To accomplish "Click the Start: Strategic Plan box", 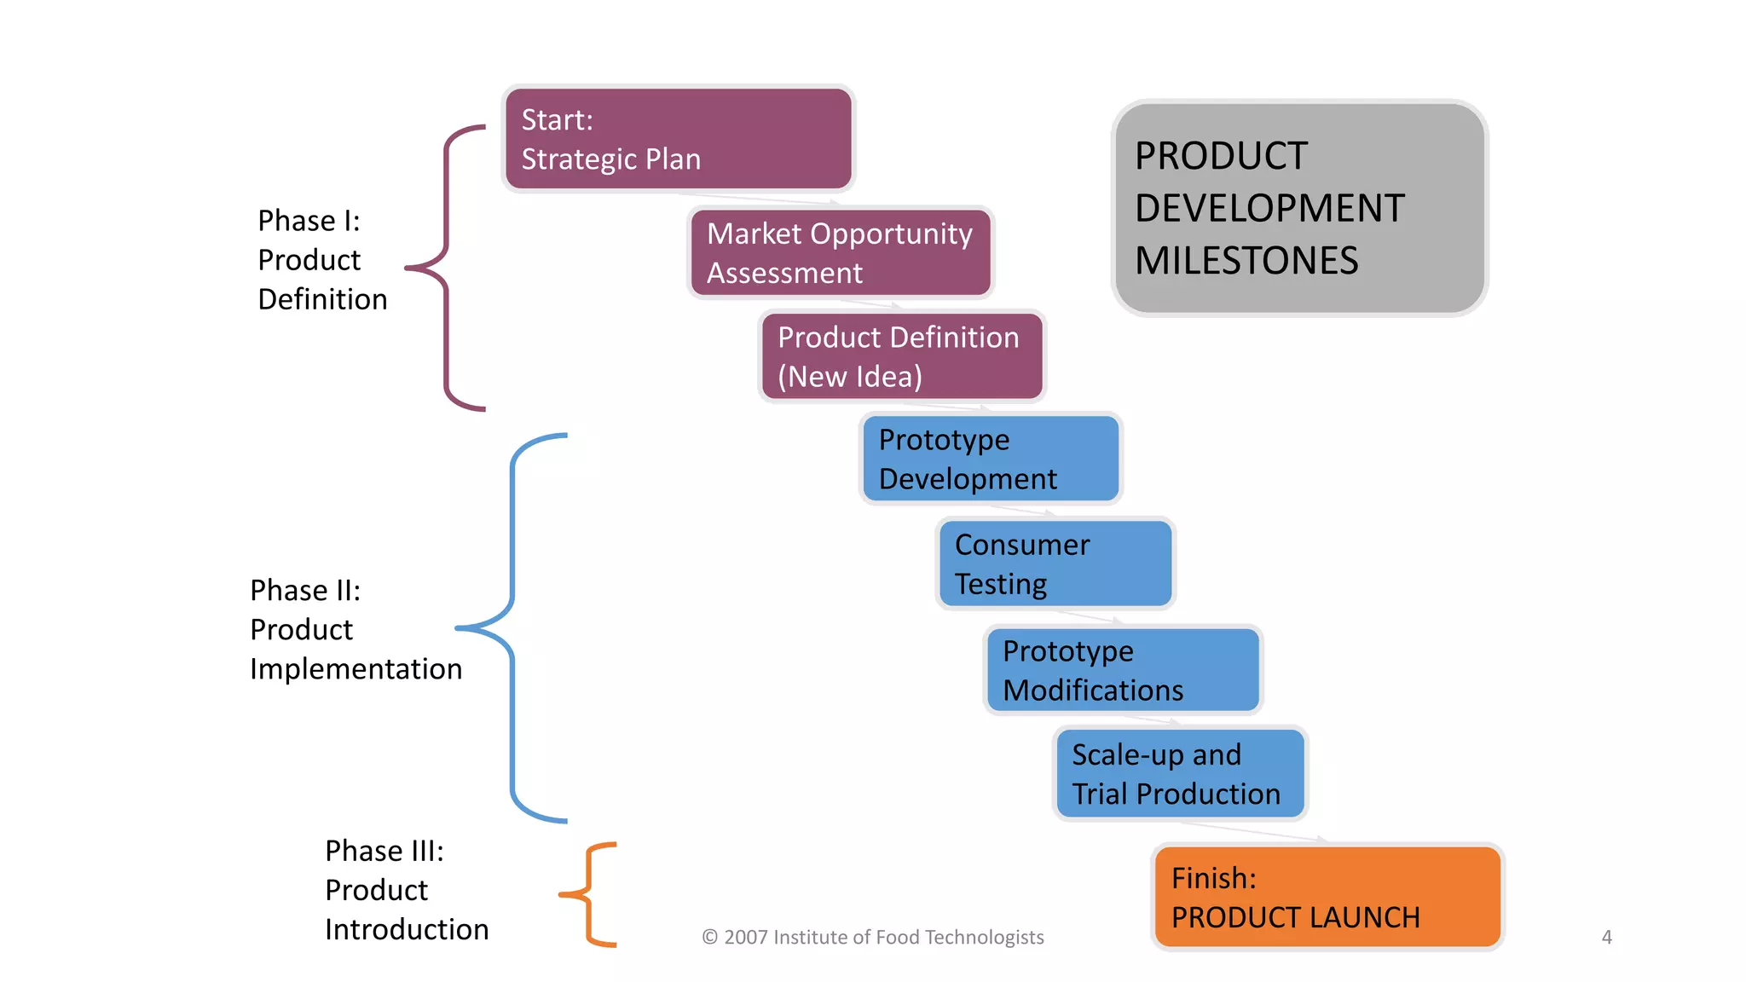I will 678,139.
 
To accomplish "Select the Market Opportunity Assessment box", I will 841,253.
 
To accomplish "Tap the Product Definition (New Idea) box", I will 902,356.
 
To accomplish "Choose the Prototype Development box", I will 991,459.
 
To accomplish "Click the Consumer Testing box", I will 1055,563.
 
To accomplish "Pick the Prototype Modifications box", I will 1123,670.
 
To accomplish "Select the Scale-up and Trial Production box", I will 1180,774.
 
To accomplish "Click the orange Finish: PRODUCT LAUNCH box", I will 1327,897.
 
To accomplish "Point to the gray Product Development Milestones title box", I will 1299,208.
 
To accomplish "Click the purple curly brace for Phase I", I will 446,268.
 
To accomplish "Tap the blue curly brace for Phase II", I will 512,628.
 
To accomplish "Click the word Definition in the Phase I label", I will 322,299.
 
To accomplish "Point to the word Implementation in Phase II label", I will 356,669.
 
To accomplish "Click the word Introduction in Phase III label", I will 407,929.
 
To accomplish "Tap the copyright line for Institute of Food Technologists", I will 872,937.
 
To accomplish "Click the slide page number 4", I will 1606,937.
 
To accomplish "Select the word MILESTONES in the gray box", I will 1246,261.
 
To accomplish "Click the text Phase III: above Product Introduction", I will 384,851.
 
